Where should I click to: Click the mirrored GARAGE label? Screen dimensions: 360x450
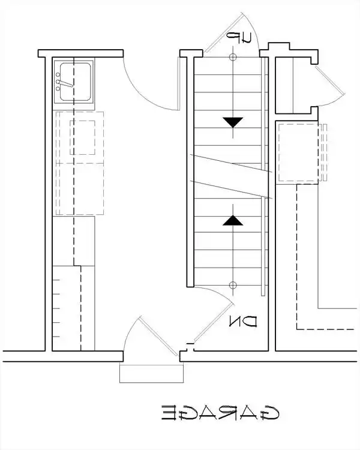220,413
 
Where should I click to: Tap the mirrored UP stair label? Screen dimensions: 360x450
239,38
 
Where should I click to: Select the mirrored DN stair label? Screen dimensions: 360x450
243,322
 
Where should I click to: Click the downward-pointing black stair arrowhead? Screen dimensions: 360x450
233,122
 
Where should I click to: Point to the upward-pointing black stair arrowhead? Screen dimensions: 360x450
233,220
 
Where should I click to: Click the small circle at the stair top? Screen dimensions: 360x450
233,57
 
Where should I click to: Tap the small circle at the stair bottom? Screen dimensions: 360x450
233,285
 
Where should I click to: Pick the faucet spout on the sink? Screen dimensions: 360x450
66,83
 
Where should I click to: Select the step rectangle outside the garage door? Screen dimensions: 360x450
151,374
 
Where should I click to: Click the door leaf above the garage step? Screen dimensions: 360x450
159,336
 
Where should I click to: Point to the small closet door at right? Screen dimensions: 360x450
330,80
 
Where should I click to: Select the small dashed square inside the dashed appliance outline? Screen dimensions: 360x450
82,137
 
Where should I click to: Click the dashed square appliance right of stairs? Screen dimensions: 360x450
298,152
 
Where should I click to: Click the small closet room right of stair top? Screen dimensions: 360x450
293,85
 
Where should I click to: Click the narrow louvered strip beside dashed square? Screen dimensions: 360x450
324,152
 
